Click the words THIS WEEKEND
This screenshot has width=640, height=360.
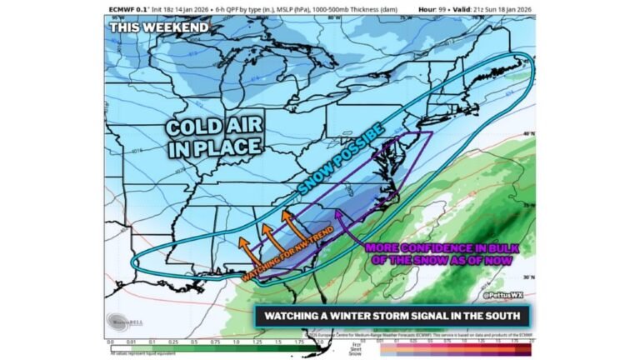pyautogui.click(x=158, y=27)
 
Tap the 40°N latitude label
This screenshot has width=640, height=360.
pyautogui.click(x=528, y=133)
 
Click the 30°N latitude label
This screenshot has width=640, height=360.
pyautogui.click(x=528, y=276)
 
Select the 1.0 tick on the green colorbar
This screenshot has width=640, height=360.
pyautogui.click(x=236, y=342)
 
